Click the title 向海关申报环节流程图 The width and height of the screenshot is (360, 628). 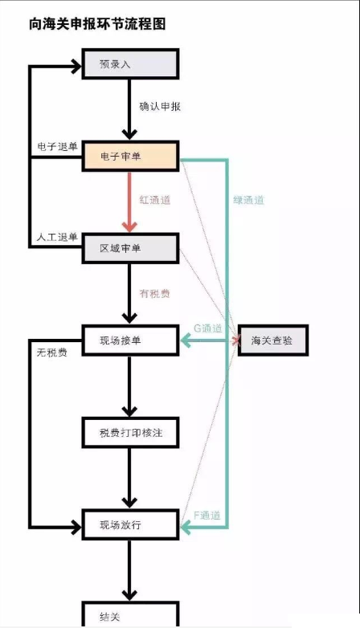pyautogui.click(x=97, y=24)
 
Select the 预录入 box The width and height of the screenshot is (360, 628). pyautogui.click(x=130, y=64)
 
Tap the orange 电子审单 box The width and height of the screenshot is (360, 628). pyautogui.click(x=130, y=157)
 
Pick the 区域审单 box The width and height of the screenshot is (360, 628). pyautogui.click(x=130, y=248)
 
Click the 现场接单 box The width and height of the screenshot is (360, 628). pyautogui.click(x=130, y=341)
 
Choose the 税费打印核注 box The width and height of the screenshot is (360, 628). pyautogui.click(x=130, y=433)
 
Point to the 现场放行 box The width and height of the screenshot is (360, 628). pyautogui.click(x=130, y=524)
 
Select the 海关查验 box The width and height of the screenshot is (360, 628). pyautogui.click(x=273, y=341)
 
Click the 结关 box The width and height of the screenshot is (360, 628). pyautogui.click(x=130, y=614)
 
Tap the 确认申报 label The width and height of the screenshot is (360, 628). pyautogui.click(x=160, y=107)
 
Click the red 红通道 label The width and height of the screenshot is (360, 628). pyautogui.click(x=155, y=199)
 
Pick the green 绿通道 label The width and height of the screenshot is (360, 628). pyautogui.click(x=248, y=200)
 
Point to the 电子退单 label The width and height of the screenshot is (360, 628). pyautogui.click(x=57, y=147)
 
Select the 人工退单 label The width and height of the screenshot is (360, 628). pyautogui.click(x=57, y=237)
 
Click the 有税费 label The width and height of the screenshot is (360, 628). pyautogui.click(x=155, y=294)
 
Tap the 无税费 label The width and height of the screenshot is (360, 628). pyautogui.click(x=52, y=353)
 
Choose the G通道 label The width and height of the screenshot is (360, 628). pyautogui.click(x=207, y=328)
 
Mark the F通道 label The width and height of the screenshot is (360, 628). pyautogui.click(x=207, y=515)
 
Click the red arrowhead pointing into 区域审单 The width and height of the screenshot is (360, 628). pyautogui.click(x=129, y=226)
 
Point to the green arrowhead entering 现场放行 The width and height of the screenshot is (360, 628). pyautogui.click(x=186, y=528)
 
